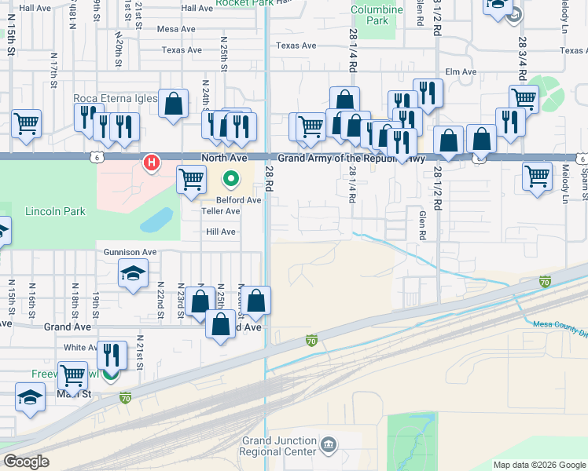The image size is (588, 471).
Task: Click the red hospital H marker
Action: coord(151,164)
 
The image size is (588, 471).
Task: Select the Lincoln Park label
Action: coord(54,212)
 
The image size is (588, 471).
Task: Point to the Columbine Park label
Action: coord(377,15)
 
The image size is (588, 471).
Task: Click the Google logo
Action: coord(26,462)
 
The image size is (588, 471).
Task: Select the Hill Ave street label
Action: coord(220,232)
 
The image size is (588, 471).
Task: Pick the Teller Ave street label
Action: coord(220,211)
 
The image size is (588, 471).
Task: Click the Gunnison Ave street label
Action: coord(130,252)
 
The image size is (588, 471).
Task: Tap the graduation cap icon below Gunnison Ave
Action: coord(133,273)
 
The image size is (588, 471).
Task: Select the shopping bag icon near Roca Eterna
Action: coord(173,103)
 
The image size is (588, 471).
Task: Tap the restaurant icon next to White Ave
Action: coord(111,354)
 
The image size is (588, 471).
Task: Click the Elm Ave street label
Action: coord(461,72)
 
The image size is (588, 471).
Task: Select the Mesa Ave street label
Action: coord(176,29)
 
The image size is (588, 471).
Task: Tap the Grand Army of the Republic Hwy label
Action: coord(351,159)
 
